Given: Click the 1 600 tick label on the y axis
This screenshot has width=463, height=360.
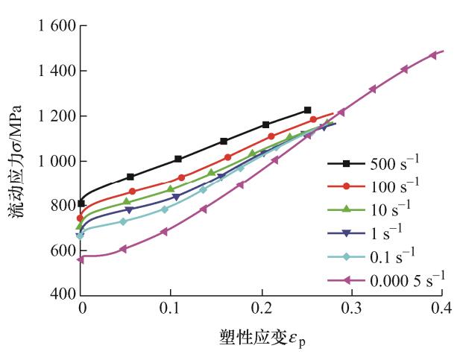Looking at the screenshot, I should tap(54, 28).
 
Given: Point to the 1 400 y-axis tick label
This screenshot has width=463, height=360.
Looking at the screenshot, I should tap(54, 72).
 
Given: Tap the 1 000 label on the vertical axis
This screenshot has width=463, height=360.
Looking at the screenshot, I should tap(54, 162).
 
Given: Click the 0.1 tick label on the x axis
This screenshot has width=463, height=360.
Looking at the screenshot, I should tap(171, 308).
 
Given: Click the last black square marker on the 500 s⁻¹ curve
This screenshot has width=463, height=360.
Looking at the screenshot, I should tap(307, 110).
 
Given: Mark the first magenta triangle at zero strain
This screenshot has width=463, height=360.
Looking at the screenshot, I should tap(81, 259).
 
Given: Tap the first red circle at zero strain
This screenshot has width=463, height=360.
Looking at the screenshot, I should tap(81, 218).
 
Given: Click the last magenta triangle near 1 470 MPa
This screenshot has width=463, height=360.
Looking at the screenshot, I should tap(433, 55).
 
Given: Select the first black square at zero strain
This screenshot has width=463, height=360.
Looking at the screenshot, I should tap(81, 203).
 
